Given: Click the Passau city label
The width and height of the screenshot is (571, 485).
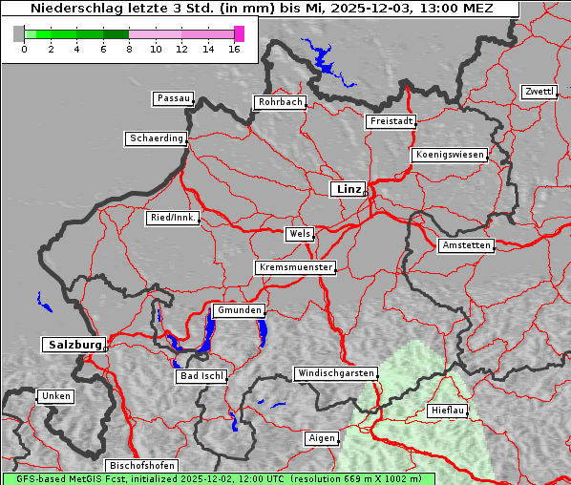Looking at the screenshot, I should coord(173,98).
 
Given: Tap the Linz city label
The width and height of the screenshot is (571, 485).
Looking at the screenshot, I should coord(348,189).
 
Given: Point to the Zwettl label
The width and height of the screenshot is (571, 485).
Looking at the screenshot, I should coord(539,92).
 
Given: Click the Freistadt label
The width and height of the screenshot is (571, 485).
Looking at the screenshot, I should coord(391,121).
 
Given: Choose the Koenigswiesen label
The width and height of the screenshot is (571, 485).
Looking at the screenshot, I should coord(450,155).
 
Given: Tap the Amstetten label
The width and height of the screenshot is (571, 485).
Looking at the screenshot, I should coord(466,245).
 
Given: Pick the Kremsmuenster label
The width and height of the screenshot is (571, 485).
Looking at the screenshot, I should coord(295,267).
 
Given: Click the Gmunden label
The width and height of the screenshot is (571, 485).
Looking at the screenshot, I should coord(238,310).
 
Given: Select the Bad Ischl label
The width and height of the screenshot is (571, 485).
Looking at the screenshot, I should coord(201,376).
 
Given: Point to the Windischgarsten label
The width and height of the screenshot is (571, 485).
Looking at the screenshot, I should coord(334,373).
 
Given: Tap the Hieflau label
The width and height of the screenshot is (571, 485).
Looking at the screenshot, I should coord(448,410).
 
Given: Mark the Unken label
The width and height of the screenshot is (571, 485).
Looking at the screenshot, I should coord(55,395).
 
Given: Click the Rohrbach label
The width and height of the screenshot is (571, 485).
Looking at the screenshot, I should coord(279,102).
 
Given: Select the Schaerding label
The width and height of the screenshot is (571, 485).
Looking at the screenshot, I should coord(156,138).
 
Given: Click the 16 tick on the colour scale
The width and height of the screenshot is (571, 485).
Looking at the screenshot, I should coord(235,49).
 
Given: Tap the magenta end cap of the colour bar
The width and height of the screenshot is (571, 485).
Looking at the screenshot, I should coord(239,33).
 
